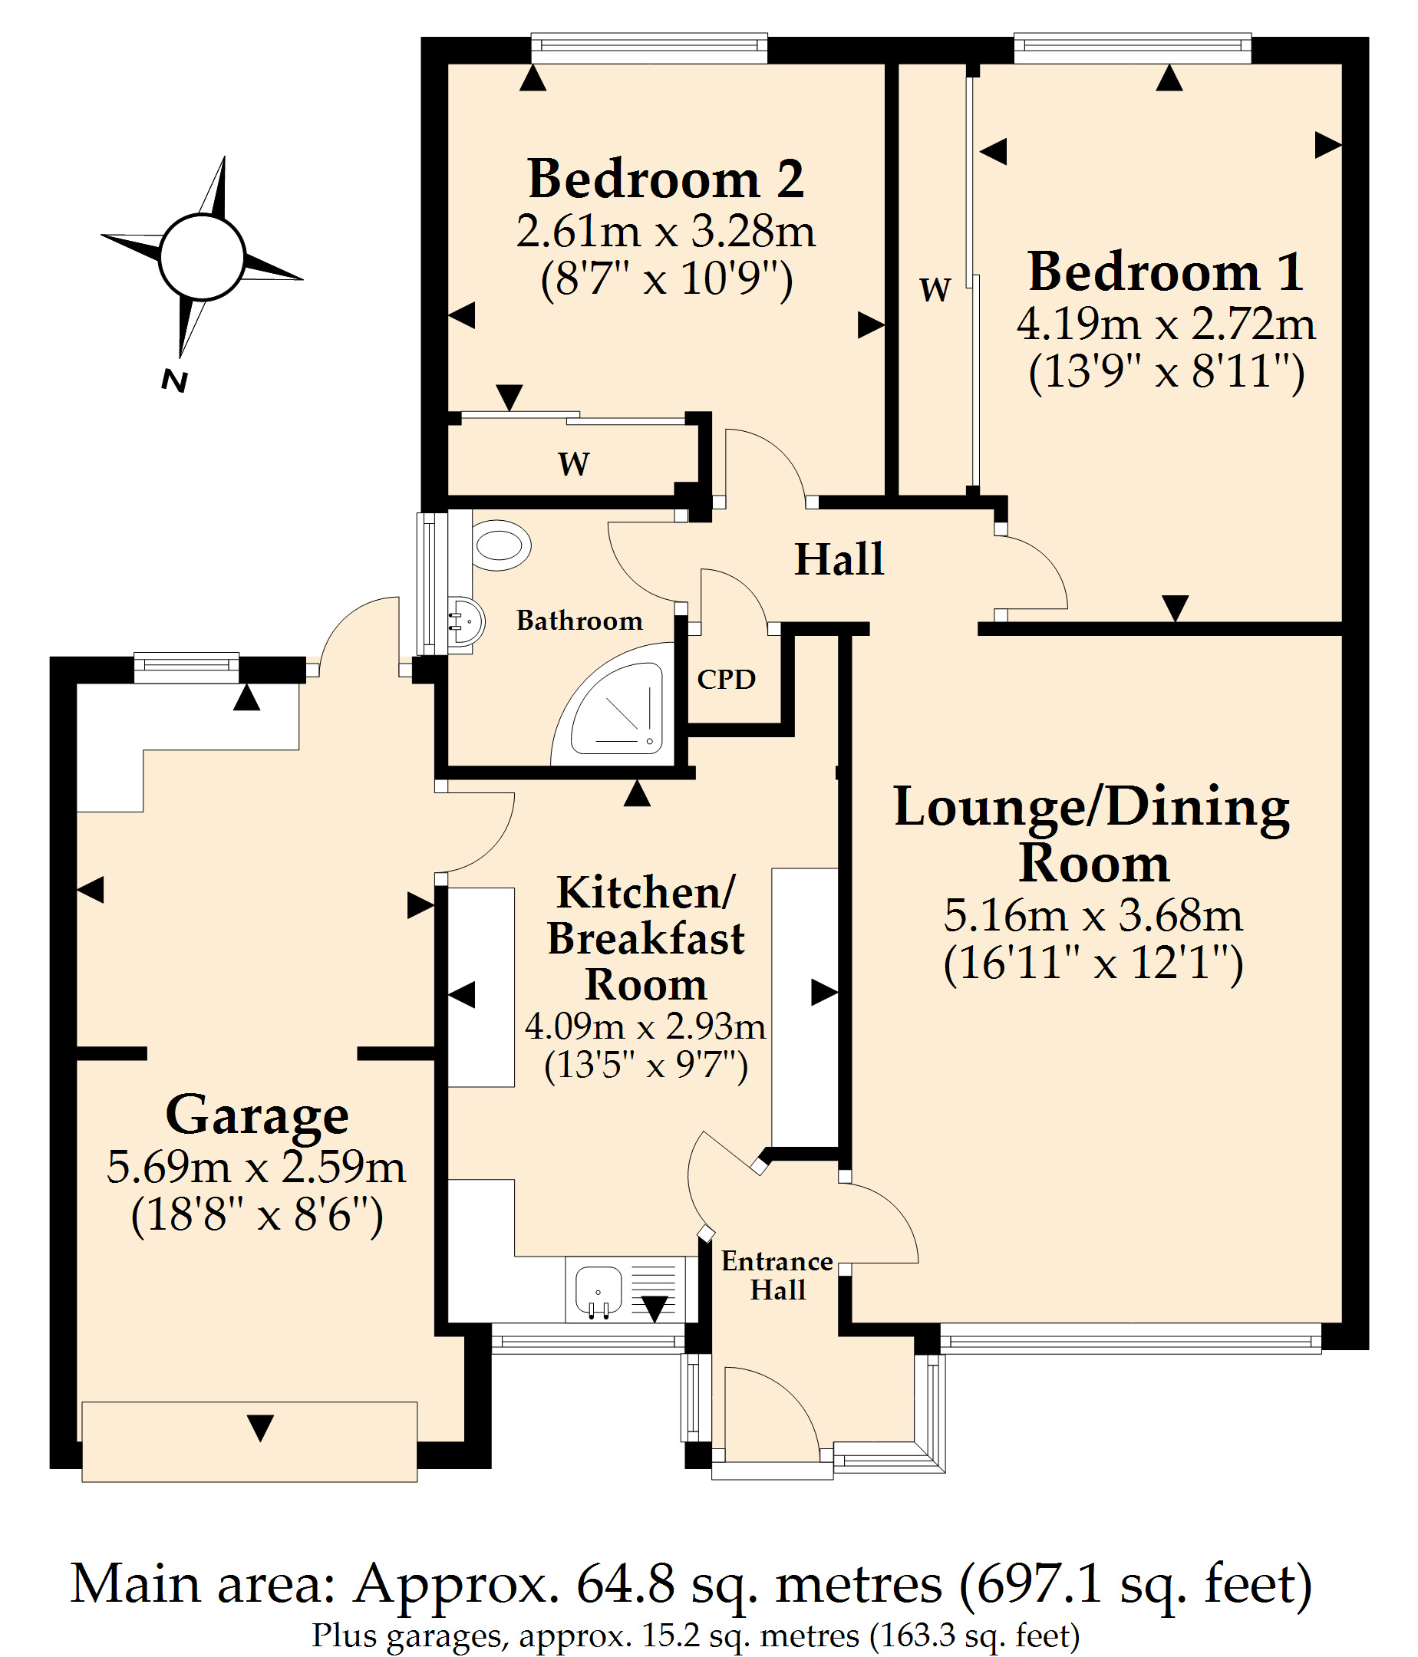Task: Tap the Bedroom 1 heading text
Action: pos(1166,271)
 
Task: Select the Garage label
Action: pos(257,1115)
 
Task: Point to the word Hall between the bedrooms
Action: pos(839,558)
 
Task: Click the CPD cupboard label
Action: pos(726,679)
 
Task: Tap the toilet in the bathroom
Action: pos(500,545)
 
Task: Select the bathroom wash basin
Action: pos(467,621)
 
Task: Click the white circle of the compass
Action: pos(202,257)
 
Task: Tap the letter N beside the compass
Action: pos(174,380)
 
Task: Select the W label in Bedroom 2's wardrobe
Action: pos(573,464)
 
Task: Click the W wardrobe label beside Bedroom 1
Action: pos(935,288)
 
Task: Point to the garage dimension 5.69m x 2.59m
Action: pos(257,1167)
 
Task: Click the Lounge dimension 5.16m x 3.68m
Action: pos(1093,915)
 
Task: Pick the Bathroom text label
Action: pos(579,621)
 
